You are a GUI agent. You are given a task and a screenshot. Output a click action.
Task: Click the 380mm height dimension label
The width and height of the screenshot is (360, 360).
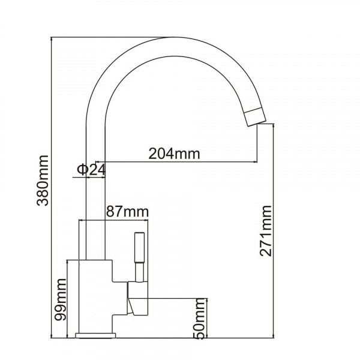coord(43,181)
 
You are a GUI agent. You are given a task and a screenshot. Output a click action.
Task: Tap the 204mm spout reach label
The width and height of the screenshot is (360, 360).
coord(174,154)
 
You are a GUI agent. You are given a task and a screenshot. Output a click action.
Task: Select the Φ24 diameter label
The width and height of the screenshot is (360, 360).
coord(91,170)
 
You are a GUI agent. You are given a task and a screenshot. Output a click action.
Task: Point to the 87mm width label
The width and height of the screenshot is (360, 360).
coord(127,212)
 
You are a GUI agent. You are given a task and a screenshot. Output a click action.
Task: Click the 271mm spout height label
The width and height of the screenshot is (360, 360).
coord(266,231)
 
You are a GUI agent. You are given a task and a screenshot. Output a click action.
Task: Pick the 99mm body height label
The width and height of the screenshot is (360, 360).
coord(60,299)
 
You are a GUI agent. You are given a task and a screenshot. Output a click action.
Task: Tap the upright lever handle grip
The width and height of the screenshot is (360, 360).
coord(140,248)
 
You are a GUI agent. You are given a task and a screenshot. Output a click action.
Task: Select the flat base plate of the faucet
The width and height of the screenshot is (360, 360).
coord(95,335)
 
